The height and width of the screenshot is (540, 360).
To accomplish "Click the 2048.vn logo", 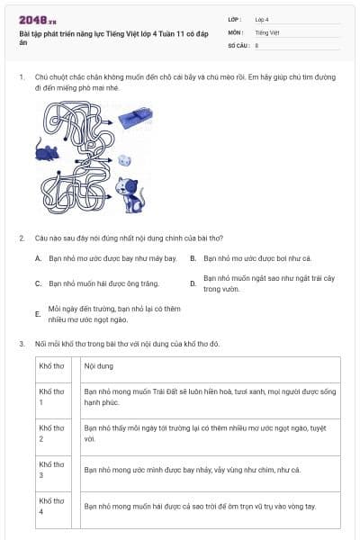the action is click(38, 21).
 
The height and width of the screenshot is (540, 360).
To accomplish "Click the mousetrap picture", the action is click(135, 118).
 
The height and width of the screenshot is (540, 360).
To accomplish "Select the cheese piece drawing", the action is click(124, 160).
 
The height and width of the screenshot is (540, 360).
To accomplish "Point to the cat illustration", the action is click(130, 194).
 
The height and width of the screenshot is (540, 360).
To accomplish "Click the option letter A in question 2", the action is click(38, 258).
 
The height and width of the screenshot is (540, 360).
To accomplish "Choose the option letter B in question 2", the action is click(193, 258).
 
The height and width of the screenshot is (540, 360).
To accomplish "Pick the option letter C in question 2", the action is click(38, 283).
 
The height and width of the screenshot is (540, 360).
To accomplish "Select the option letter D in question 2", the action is click(193, 283).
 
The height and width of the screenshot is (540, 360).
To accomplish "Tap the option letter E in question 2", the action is click(38, 314).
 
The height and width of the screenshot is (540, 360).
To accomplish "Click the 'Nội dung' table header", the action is click(98, 366).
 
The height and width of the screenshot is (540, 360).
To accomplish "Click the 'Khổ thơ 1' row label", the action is click(51, 397).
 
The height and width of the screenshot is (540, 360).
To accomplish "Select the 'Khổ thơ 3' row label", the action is click(51, 470).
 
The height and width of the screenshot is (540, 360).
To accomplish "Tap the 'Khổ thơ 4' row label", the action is click(51, 506).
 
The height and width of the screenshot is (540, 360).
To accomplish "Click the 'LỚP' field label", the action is click(235, 20).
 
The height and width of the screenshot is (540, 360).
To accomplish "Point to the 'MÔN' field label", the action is click(236, 32).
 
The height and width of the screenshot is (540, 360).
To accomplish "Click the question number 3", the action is click(22, 344).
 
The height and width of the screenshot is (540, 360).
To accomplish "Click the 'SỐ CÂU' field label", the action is click(238, 46).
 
